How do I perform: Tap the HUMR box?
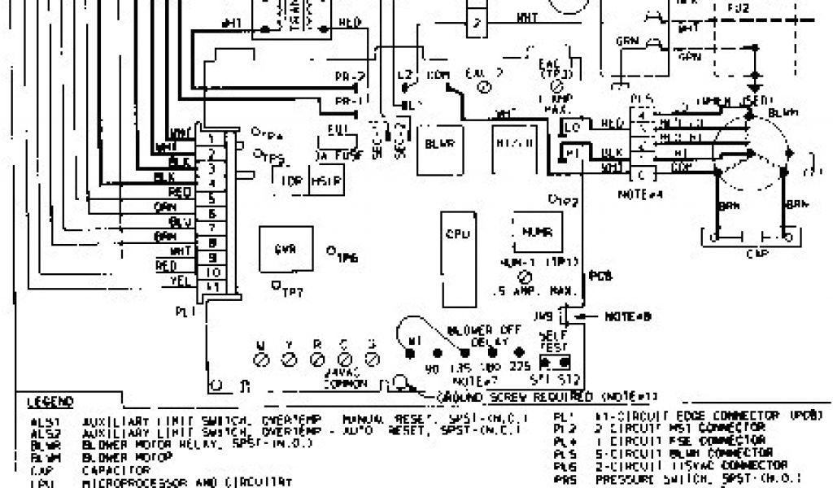tap(536, 233)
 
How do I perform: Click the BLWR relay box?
tap(439, 147)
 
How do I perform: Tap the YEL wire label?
tap(178, 282)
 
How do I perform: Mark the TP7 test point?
tap(277, 285)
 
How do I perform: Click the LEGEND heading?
tap(50, 402)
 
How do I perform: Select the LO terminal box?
tap(573, 127)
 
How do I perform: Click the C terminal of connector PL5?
tap(643, 173)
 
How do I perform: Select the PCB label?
tap(598, 276)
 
